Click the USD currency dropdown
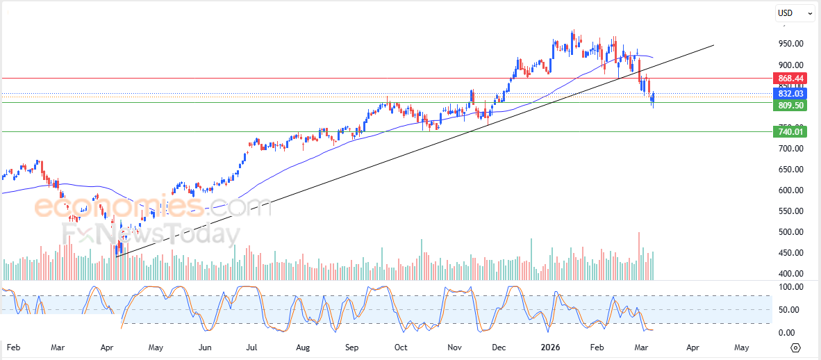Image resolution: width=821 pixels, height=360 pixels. (x=795, y=13)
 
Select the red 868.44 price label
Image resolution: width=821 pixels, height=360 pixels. (x=790, y=79)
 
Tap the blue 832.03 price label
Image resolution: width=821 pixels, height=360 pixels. (x=790, y=94)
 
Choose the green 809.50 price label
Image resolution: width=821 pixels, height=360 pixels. (x=790, y=106)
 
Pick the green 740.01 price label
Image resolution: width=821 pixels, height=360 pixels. (x=790, y=131)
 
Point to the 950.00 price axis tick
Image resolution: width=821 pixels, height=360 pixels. (x=790, y=44)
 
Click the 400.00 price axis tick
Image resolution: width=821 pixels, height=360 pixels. (x=790, y=274)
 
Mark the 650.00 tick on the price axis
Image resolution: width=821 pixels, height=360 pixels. (x=790, y=170)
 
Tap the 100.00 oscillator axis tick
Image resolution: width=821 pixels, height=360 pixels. (x=790, y=287)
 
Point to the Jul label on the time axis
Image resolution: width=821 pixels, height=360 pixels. (x=252, y=346)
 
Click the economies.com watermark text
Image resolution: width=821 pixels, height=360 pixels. (x=153, y=206)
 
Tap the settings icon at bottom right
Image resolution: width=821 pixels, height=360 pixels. (x=796, y=347)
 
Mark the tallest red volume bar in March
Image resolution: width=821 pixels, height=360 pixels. (x=639, y=256)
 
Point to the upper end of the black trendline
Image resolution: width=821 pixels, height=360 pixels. (x=713, y=45)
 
